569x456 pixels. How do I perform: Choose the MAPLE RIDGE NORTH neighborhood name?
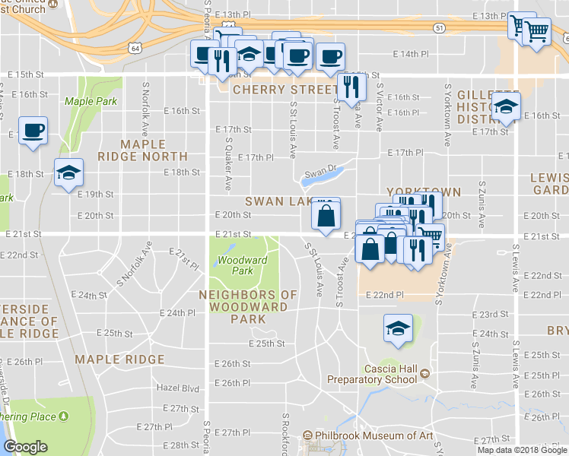pyautogui.click(x=142, y=150)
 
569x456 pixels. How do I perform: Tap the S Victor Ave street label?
pyautogui.click(x=378, y=106)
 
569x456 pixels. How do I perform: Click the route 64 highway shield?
pyautogui.click(x=135, y=48)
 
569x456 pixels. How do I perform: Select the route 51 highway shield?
pyautogui.click(x=439, y=27)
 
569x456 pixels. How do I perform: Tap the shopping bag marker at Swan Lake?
pyautogui.click(x=326, y=215)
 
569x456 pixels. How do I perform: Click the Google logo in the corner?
pyautogui.click(x=25, y=447)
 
